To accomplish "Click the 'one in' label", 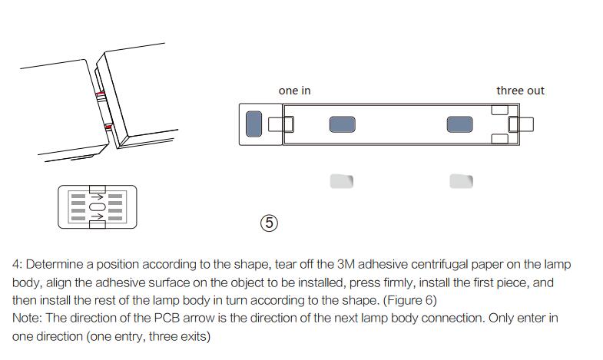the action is [294, 91].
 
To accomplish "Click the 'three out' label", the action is [520, 91].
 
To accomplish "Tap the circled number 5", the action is [269, 223].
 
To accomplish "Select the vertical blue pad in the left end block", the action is [253, 124].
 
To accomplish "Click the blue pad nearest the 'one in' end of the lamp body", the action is [343, 124].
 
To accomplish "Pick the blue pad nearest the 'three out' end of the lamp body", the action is [460, 124].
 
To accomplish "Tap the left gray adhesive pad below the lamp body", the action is [342, 181].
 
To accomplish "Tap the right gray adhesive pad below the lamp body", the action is [462, 181].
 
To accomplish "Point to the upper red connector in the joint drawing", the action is [100, 94].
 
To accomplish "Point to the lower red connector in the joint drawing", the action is [108, 127].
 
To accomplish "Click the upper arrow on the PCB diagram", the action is [98, 197].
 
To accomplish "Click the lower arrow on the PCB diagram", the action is [98, 216].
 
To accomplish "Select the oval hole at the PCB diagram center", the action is [98, 207].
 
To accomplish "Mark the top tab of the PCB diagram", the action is [98, 189].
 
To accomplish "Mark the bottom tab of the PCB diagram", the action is [98, 225].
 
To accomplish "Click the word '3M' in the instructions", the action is [346, 264].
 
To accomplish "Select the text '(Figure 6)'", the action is [410, 300].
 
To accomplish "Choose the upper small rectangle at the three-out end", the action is [500, 110].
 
